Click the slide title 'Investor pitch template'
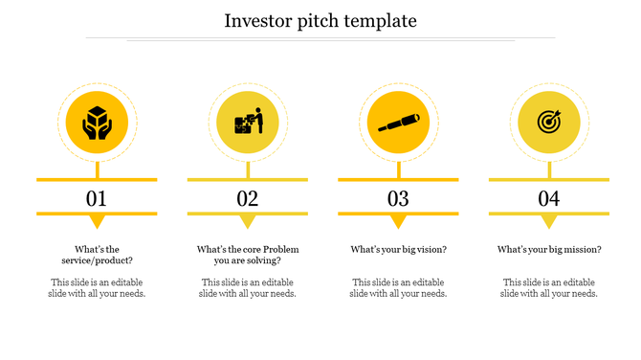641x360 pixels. click(320, 20)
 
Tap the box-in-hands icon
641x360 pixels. click(97, 124)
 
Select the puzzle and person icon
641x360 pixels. click(248, 124)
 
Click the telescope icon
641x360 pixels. click(398, 124)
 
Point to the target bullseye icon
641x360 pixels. click(548, 124)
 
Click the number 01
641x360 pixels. click(97, 198)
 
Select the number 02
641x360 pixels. click(248, 198)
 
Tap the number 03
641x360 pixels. click(398, 198)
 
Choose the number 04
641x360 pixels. click(548, 198)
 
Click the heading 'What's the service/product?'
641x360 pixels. click(97, 255)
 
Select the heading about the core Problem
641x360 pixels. click(248, 255)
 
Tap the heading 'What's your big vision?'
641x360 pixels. click(398, 250)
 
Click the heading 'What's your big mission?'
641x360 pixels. click(548, 250)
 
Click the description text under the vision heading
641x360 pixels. click(398, 287)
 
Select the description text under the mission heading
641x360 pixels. click(548, 287)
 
